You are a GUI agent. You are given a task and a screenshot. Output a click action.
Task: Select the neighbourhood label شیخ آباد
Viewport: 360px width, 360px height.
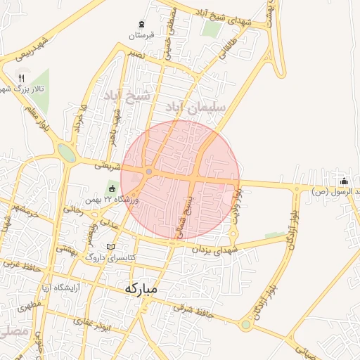coord(127,95)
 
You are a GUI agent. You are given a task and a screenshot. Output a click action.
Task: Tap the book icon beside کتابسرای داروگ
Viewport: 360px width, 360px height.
coord(110,247)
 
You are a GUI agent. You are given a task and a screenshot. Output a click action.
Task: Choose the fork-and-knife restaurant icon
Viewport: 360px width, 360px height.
coord(21,77)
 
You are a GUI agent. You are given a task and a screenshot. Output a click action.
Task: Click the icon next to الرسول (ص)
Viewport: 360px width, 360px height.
coord(344,181)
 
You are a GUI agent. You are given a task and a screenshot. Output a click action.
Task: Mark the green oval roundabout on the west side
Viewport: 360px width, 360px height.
coord(67,153)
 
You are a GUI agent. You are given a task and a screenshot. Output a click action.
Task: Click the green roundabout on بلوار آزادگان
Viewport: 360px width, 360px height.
coord(245,325)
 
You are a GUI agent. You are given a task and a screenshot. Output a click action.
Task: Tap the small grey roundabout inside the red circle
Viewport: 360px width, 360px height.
coord(149,172)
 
